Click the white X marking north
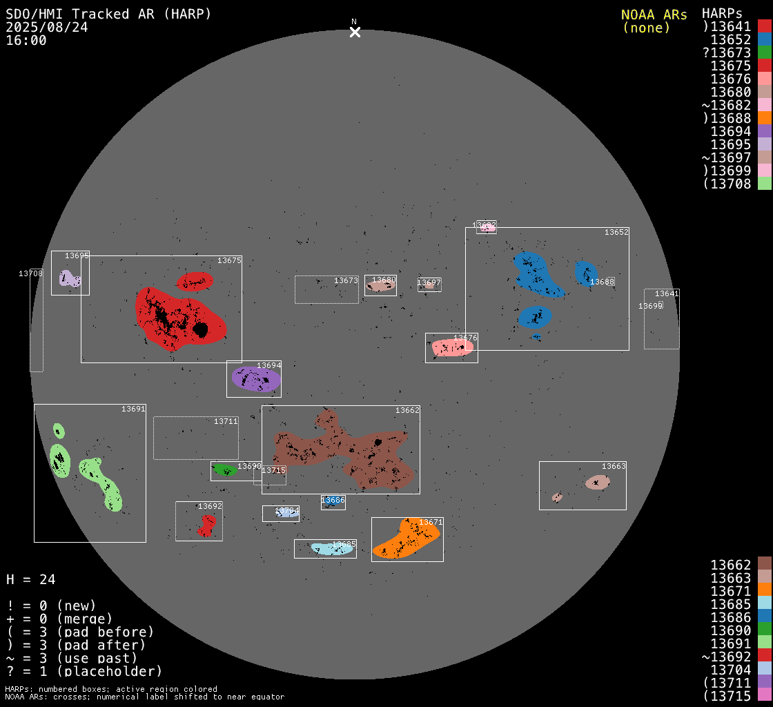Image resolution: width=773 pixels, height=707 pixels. coord(355,32)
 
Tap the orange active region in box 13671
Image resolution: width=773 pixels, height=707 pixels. coord(407,539)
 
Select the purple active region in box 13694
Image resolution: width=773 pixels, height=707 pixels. coord(256,379)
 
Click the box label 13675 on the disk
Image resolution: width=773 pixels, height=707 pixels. coord(229,260)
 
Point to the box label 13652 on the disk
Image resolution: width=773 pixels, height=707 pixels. coord(616,232)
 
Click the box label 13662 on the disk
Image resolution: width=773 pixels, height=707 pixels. coord(407,410)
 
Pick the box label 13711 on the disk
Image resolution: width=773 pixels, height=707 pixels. coord(226,421)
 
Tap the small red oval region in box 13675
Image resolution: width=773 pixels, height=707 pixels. coord(195,281)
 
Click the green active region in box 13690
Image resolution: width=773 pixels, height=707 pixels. coord(225,469)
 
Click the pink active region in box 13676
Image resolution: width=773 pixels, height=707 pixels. coord(452,347)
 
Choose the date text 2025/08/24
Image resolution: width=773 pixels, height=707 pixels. coord(47,28)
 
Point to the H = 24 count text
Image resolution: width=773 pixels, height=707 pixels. coord(31,579)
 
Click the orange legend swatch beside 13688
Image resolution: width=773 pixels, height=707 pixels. coord(764,118)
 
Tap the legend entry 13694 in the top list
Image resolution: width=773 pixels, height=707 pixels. coord(731,131)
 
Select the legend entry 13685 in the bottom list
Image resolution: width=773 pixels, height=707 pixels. coord(731,604)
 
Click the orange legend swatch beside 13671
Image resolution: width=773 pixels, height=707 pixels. coord(764,591)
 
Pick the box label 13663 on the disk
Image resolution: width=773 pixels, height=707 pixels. coord(614,466)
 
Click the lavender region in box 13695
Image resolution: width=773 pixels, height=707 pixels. coord(69,279)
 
